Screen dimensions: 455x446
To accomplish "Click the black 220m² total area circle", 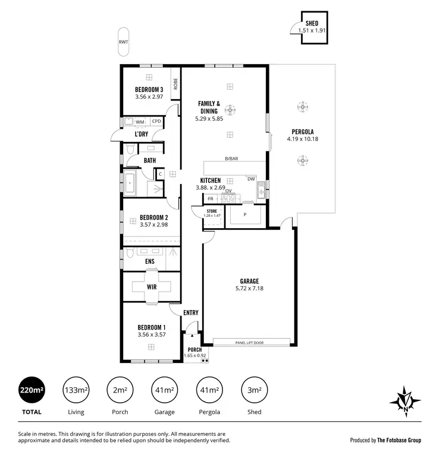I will click(32, 390).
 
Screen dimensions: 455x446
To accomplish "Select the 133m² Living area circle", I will click(76, 390).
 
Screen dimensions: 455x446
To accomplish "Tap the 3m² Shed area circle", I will click(253, 390).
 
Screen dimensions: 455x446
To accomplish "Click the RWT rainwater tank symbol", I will click(123, 42).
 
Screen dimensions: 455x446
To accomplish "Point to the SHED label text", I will click(312, 23).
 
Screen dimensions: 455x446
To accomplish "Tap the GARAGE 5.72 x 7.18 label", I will click(249, 285).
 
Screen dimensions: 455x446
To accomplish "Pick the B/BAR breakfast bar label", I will click(231, 159).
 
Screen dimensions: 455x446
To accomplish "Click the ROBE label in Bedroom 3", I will click(175, 84).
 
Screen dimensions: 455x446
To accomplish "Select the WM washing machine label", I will click(140, 122).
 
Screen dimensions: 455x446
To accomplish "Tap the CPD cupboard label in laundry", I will click(156, 122).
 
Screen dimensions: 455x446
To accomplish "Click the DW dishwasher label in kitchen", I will click(251, 179).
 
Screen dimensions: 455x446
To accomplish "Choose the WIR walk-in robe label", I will click(151, 286).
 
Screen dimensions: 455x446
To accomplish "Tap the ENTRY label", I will click(191, 312).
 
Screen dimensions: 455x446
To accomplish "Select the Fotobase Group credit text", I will click(385, 440).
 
